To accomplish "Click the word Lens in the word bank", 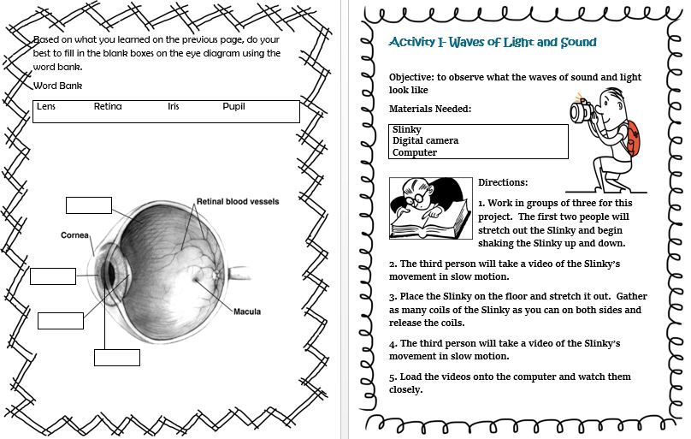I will [x=44, y=107].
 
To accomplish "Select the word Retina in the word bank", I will [x=108, y=107].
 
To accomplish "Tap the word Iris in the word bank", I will [x=174, y=107].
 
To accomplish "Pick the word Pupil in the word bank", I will [x=233, y=107].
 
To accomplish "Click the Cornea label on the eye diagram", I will [x=75, y=234].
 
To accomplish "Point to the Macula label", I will [x=247, y=311].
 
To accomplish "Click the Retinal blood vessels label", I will [x=238, y=202].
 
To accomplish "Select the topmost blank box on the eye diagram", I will [x=89, y=205].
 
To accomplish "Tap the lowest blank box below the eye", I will [x=117, y=357].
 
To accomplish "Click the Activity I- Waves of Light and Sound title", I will [x=493, y=42].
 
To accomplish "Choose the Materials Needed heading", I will [x=430, y=110].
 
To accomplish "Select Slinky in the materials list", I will [x=406, y=130].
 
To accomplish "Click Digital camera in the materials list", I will [x=425, y=141].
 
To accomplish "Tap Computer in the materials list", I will [x=415, y=152].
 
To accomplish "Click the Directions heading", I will [x=503, y=182].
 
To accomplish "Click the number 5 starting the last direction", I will [x=393, y=377].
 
